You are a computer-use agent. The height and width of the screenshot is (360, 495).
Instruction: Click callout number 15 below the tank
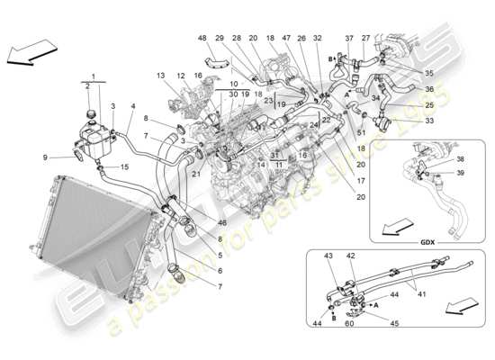point(125,168)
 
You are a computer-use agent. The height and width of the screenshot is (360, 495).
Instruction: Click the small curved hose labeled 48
point(214,61)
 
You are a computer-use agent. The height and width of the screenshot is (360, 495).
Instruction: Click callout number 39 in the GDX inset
point(461,172)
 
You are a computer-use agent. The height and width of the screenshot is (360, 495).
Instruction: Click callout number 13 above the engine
point(161,76)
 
